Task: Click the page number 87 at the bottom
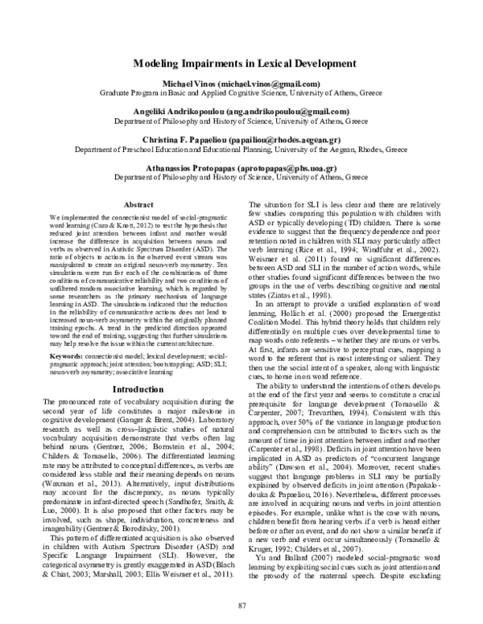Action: pyautogui.click(x=242, y=604)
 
